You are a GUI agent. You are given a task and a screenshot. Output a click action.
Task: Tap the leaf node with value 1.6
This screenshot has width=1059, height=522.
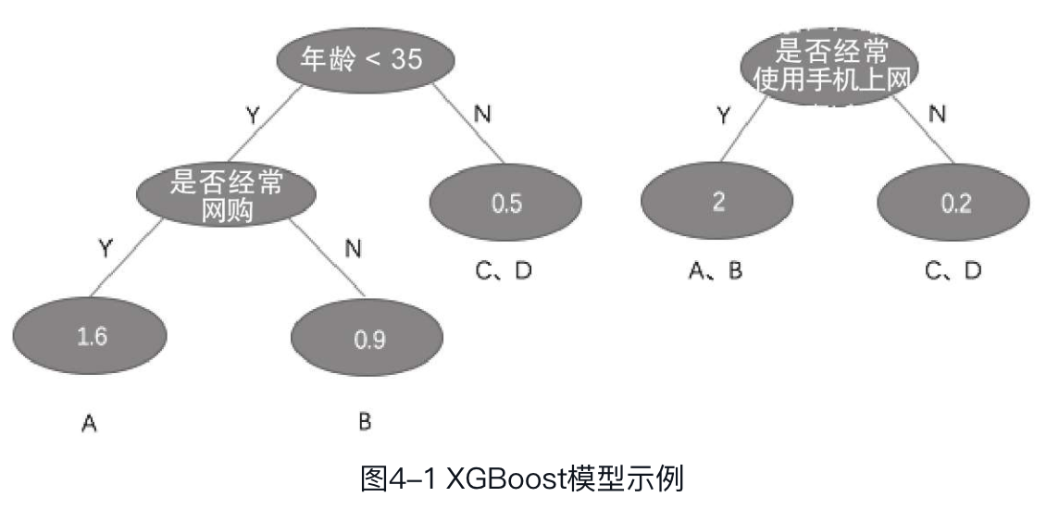point(91,336)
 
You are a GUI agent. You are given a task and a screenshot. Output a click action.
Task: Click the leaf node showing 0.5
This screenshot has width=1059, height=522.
point(505,204)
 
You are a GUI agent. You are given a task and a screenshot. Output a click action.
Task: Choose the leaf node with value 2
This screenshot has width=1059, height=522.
point(717,203)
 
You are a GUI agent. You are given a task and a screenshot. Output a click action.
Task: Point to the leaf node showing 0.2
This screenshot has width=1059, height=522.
point(954,204)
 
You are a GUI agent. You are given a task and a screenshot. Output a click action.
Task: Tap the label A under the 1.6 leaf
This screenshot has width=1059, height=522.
point(90,424)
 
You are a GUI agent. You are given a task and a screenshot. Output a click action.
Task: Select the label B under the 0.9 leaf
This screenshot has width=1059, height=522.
point(365,422)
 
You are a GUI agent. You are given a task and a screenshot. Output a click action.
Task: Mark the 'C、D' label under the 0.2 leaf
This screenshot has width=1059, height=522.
point(953,270)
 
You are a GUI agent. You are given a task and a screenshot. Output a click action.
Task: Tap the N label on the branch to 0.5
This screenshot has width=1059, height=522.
point(482,114)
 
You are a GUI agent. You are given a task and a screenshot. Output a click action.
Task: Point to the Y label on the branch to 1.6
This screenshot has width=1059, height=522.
point(106,247)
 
